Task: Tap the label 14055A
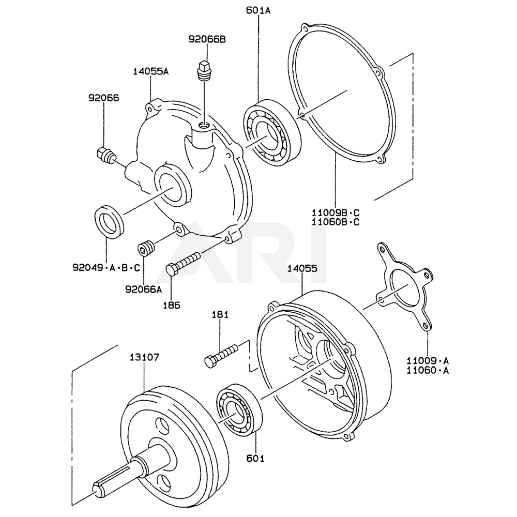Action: pos(150,71)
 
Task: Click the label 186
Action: pos(172,305)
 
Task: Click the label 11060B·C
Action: pos(335,222)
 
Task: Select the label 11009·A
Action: pos(428,360)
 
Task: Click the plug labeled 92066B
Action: pos(205,70)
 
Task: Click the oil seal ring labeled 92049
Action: pos(109,221)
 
